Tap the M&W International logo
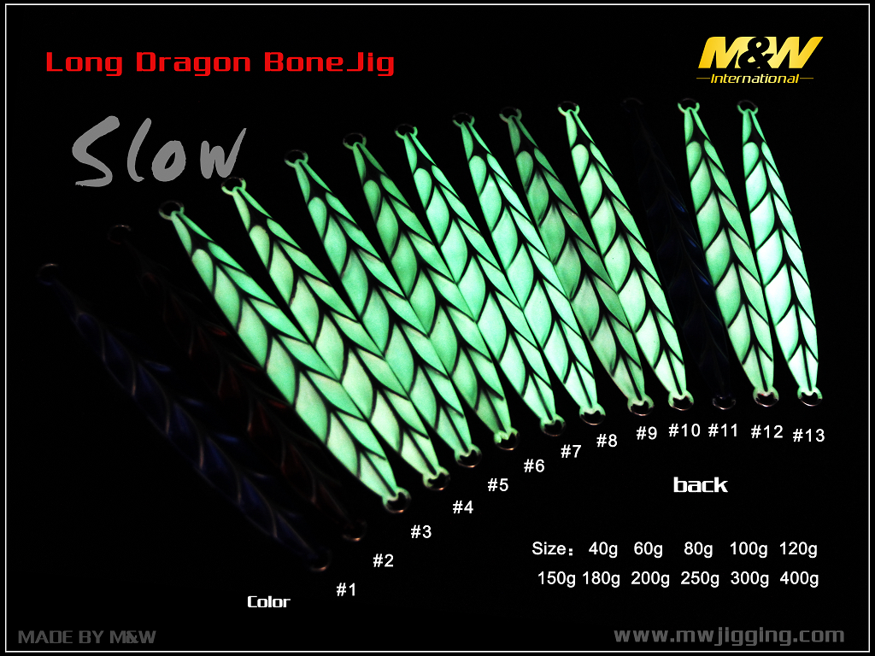tap(759, 61)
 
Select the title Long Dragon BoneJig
tap(220, 63)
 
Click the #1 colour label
tap(346, 589)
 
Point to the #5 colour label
tap(498, 485)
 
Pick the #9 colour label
tap(647, 433)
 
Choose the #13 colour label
tap(808, 435)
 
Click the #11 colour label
tap(723, 430)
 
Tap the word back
tap(701, 485)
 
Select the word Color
tap(269, 602)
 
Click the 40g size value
tap(603, 549)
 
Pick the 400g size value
tap(800, 578)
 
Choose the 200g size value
tap(650, 578)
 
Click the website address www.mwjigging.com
tap(729, 636)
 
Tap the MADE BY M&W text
tap(87, 637)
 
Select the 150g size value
tap(556, 578)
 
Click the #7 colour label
tap(571, 452)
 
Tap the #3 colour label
tap(421, 531)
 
